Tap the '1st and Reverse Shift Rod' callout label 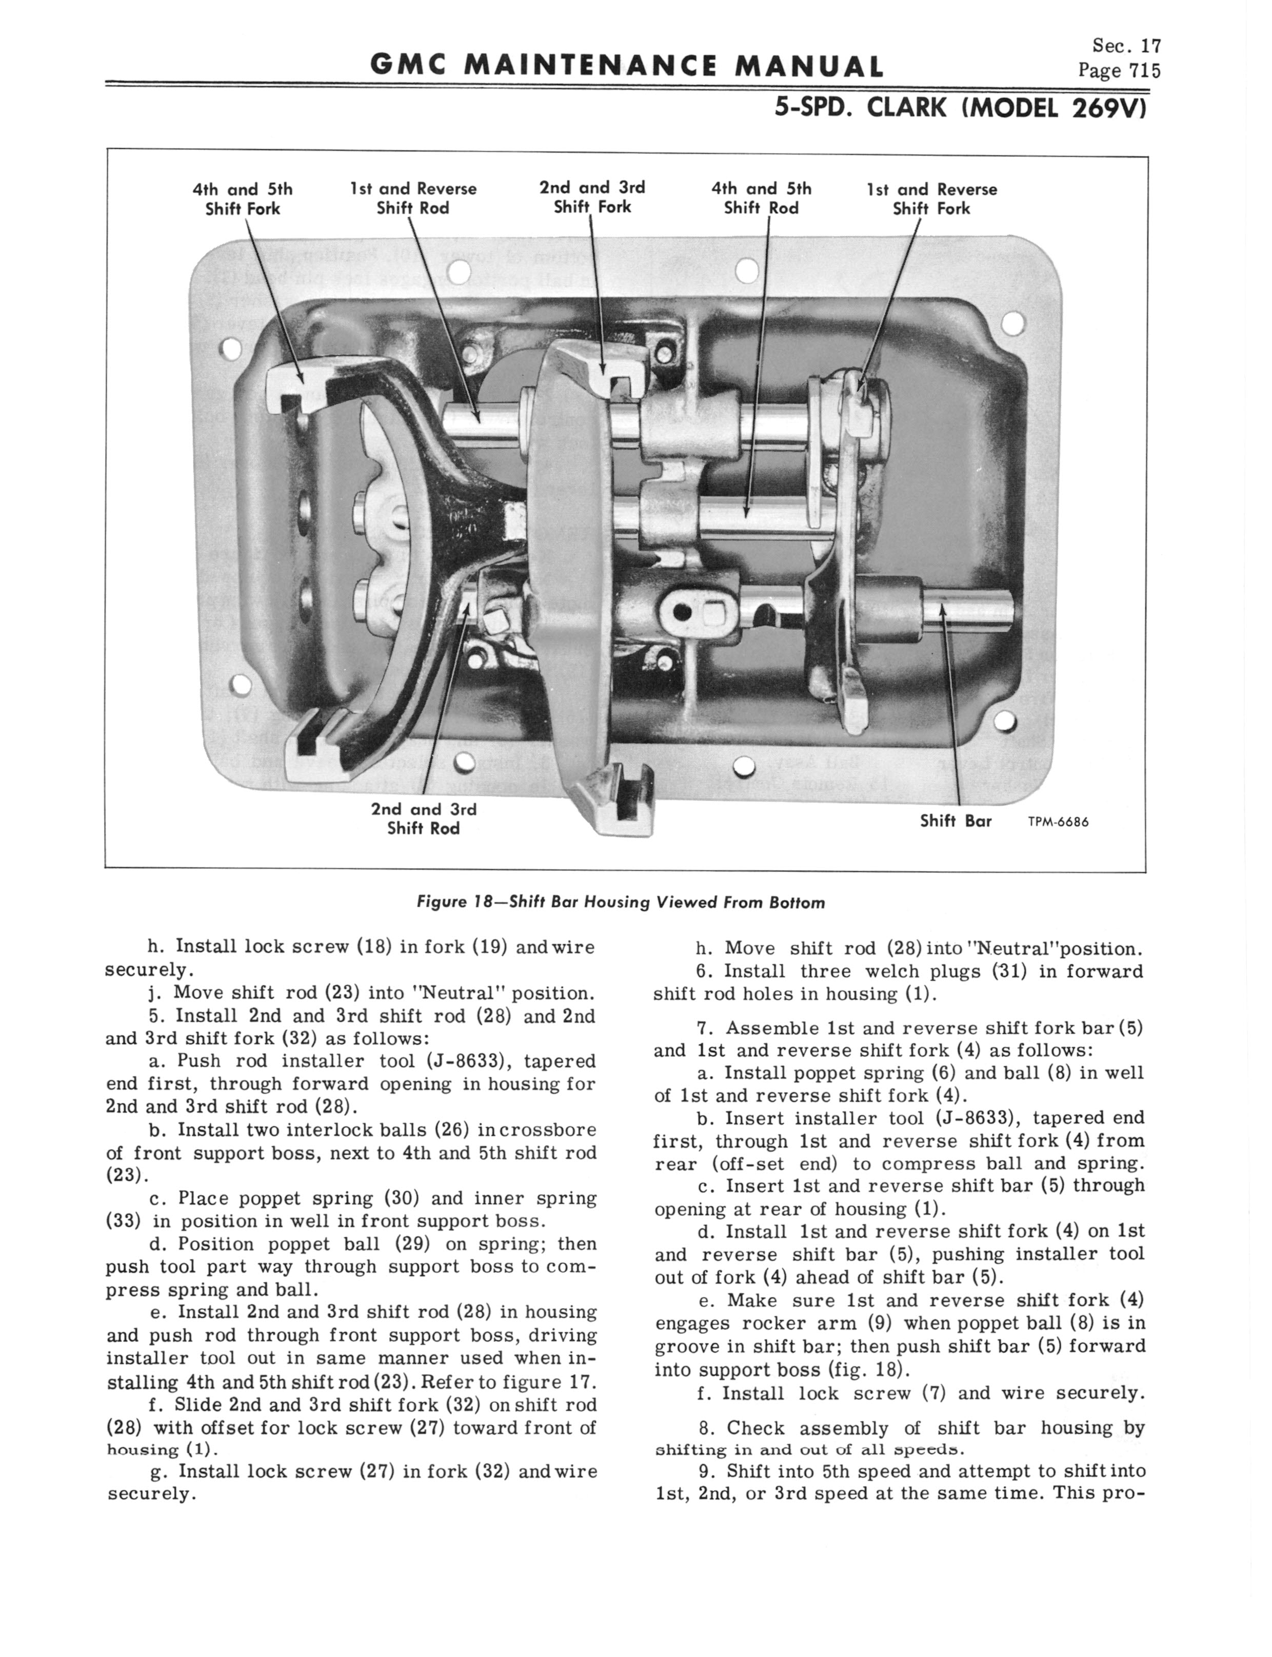pyautogui.click(x=413, y=199)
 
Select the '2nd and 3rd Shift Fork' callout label pyautogui.click(x=592, y=197)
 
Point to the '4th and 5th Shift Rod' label pyautogui.click(x=761, y=199)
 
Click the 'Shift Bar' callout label pyautogui.click(x=956, y=821)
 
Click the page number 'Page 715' pyautogui.click(x=1119, y=71)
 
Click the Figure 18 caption pyautogui.click(x=621, y=903)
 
